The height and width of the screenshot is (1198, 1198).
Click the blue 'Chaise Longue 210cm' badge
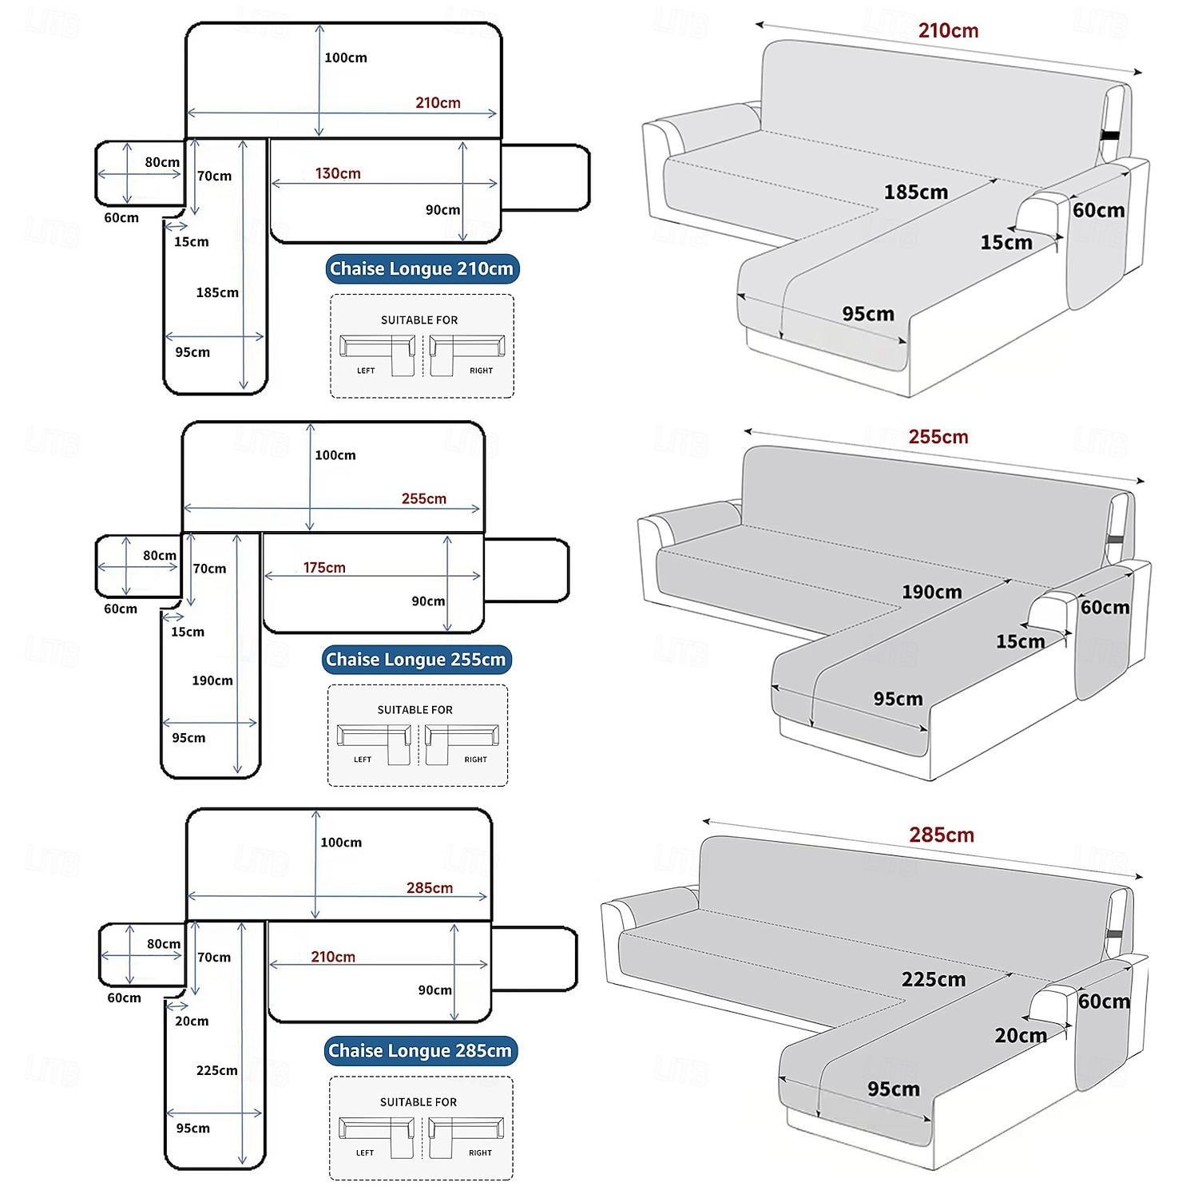tap(422, 269)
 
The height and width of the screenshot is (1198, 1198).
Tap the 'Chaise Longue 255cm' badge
tap(415, 660)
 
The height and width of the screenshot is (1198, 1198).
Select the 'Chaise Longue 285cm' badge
tap(420, 1051)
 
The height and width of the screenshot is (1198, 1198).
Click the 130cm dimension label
tap(338, 173)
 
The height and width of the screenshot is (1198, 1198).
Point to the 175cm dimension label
tap(324, 568)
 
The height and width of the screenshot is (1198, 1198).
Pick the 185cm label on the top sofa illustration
tap(915, 192)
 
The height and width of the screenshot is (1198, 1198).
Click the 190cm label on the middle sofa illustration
tap(931, 593)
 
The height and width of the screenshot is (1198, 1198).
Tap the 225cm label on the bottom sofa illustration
tap(933, 980)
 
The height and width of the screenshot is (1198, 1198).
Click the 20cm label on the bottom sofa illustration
tap(1020, 1036)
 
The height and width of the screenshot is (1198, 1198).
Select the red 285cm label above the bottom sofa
tap(942, 835)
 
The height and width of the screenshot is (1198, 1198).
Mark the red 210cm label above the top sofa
tap(948, 31)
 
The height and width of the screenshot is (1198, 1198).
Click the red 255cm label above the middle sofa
tap(938, 437)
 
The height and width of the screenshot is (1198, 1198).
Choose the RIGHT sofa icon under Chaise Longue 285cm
tap(466, 1137)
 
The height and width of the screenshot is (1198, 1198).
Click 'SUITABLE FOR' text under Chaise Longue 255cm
tap(415, 710)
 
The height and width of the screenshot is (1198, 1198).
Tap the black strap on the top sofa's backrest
tap(1110, 135)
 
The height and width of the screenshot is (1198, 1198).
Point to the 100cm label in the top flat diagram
tap(346, 58)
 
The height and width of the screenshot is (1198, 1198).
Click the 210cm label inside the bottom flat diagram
tap(333, 957)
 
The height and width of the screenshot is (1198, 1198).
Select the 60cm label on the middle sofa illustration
tap(1105, 608)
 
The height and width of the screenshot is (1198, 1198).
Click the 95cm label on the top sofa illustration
tap(868, 315)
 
